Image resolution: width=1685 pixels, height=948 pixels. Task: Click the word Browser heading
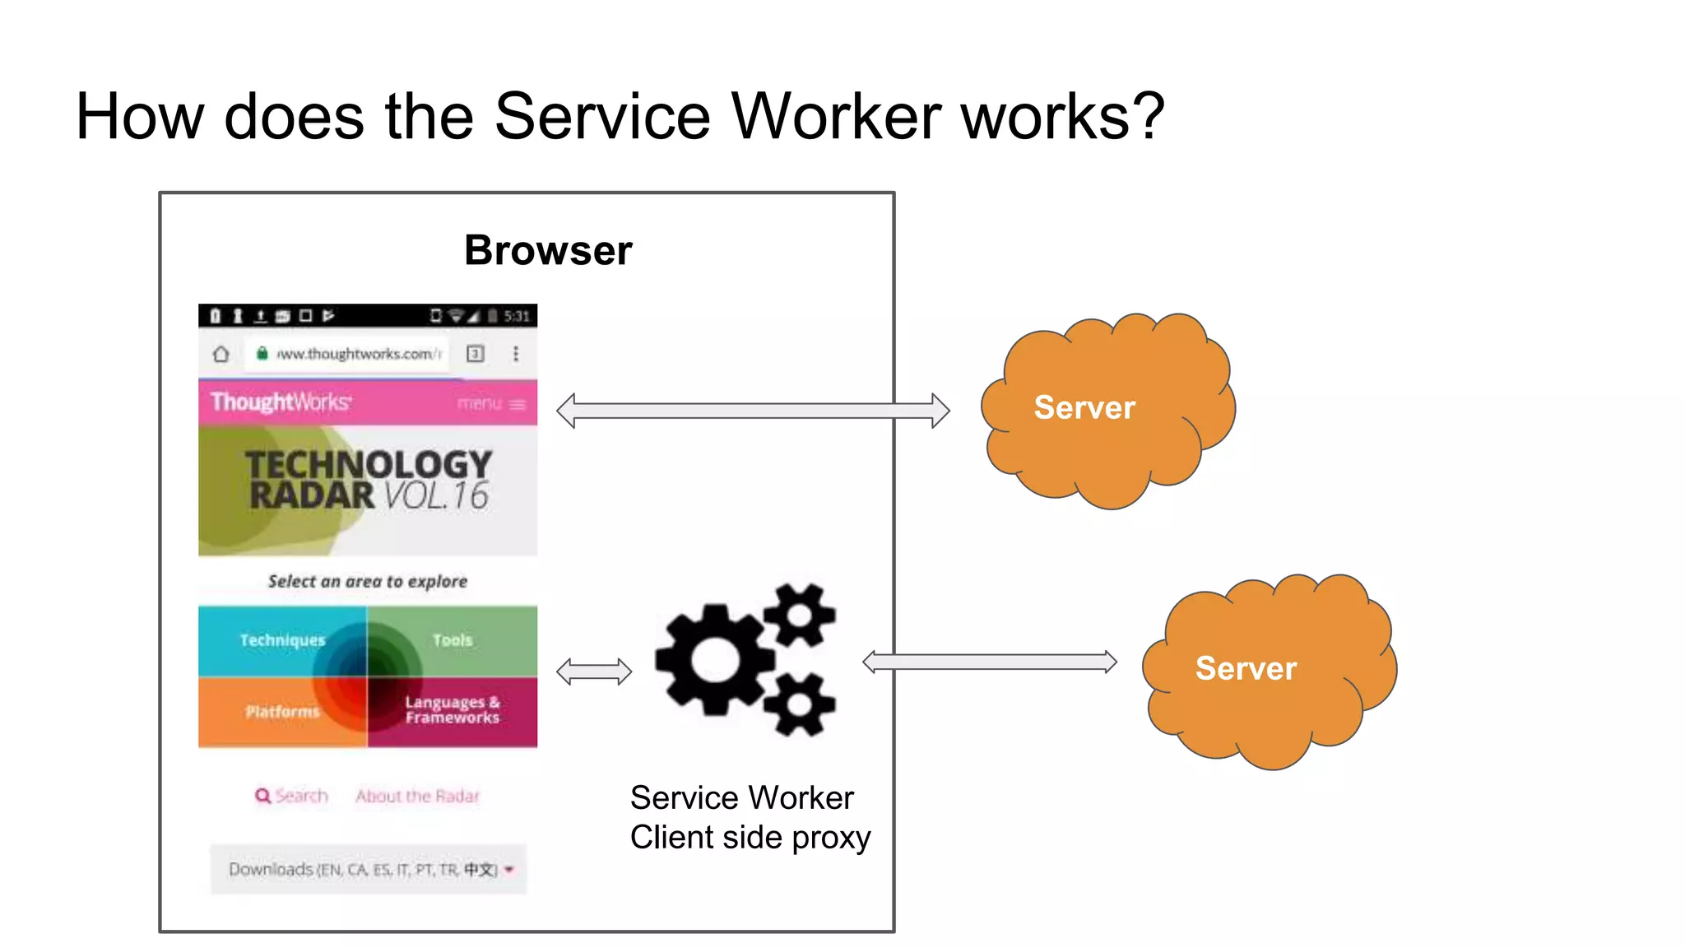pos(548,250)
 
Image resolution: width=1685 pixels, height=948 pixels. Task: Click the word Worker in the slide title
pos(836,116)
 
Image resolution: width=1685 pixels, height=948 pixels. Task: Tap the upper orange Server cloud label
pos(1084,407)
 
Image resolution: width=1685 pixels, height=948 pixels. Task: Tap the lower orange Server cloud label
pos(1245,668)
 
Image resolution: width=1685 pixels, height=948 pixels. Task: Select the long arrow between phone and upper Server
pos(752,411)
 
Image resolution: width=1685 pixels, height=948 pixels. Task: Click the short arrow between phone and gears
pos(593,671)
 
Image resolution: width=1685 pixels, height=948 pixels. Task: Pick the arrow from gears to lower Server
pos(990,662)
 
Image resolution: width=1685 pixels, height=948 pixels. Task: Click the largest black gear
pos(714,659)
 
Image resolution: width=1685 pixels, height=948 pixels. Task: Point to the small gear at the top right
pos(799,614)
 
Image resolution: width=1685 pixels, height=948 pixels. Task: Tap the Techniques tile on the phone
pos(282,640)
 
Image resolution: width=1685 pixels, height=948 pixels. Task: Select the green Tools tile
pos(453,640)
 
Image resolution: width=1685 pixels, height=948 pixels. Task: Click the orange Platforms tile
pos(281,711)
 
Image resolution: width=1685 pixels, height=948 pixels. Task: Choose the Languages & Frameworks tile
pos(452,710)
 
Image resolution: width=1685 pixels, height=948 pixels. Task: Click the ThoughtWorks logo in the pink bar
pos(281,402)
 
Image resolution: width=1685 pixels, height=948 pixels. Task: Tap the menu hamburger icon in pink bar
pos(517,404)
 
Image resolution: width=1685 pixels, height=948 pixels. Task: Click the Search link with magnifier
pos(291,796)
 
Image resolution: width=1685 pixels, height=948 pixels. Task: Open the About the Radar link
pos(417,796)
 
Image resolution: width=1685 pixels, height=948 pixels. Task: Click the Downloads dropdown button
pos(369,869)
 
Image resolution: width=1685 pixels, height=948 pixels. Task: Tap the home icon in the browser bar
pos(220,354)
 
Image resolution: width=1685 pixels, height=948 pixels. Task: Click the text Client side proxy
pos(750,838)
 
